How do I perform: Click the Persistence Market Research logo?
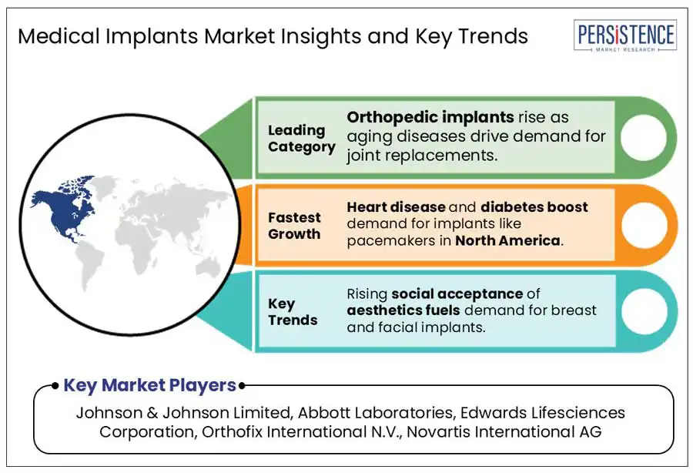[625, 35]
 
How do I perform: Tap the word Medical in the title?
[59, 35]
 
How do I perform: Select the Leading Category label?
[301, 139]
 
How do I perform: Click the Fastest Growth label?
[294, 226]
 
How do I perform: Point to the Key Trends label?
[293, 312]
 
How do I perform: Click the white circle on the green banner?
[643, 137]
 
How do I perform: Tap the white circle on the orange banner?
[644, 225]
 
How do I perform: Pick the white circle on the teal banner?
[644, 311]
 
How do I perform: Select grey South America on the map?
[91, 264]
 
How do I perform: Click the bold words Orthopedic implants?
[430, 117]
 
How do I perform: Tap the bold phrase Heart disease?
[396, 207]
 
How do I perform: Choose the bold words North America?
[508, 240]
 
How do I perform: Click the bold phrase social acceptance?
[457, 294]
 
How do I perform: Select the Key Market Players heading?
[150, 385]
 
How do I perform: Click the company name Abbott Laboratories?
[375, 412]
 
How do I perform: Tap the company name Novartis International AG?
[504, 431]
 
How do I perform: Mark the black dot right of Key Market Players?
[242, 386]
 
